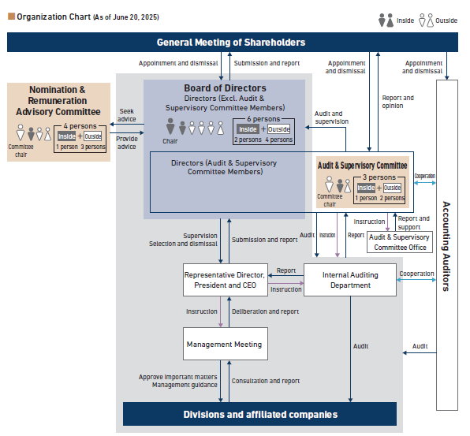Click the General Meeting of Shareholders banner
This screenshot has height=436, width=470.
(230, 43)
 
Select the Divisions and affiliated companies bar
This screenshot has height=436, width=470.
(259, 414)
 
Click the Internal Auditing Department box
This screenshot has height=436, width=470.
(350, 280)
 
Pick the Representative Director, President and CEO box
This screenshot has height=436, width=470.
(225, 280)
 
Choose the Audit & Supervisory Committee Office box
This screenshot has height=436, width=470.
(399, 242)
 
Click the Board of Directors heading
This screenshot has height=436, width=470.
(225, 88)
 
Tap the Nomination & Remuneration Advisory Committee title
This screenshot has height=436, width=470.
(57, 100)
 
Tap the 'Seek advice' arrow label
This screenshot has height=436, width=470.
(126, 115)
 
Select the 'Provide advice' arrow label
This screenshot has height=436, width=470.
(126, 143)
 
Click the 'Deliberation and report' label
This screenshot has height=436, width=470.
(265, 311)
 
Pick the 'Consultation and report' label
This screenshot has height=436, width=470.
(266, 381)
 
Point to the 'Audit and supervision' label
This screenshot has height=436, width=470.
(331, 117)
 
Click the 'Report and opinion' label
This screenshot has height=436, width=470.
(397, 101)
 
